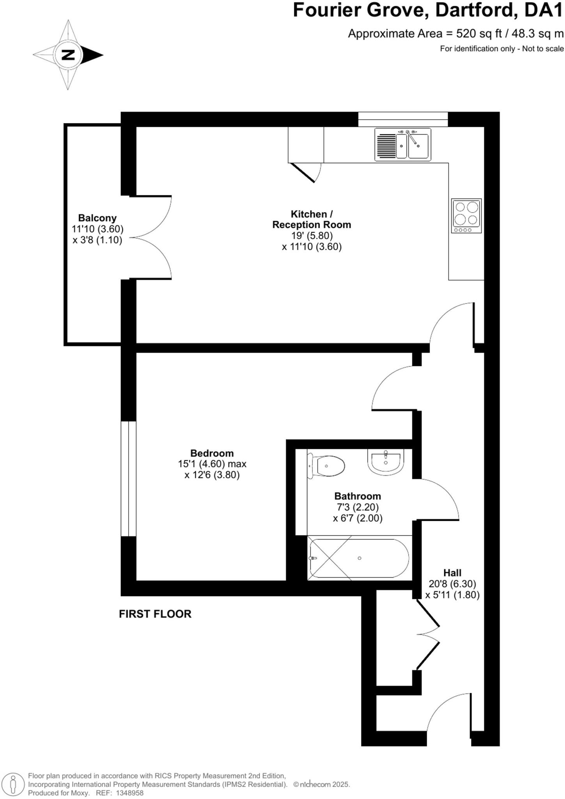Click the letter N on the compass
coord(69,55)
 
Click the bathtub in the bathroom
coord(359,558)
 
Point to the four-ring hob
coord(466,216)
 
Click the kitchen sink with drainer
coord(403,144)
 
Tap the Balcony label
coord(97,218)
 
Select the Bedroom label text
coord(212,453)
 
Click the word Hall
coord(452,573)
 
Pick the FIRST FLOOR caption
coord(155,614)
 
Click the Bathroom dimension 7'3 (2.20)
coord(357,507)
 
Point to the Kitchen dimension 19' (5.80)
coord(312,236)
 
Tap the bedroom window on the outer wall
coord(128,478)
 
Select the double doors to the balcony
coord(152,237)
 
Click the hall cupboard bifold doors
coord(427,634)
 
